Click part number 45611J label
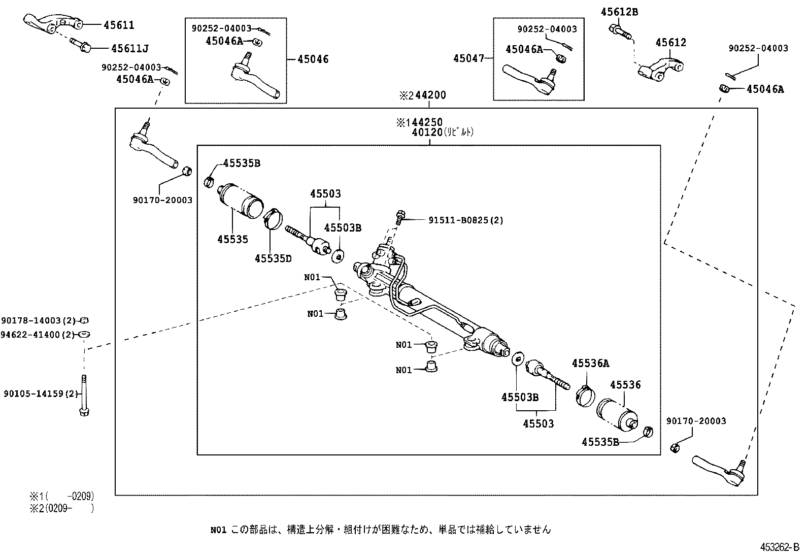click(130, 48)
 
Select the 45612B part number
click(619, 12)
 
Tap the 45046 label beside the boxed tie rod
click(313, 59)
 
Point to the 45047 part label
click(468, 59)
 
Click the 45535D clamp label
click(273, 258)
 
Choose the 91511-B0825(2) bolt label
click(466, 220)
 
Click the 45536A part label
click(590, 363)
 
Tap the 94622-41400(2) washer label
click(38, 335)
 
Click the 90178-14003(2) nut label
click(38, 320)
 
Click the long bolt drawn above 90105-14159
click(84, 396)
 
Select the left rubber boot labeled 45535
click(241, 201)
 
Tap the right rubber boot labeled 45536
click(617, 414)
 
